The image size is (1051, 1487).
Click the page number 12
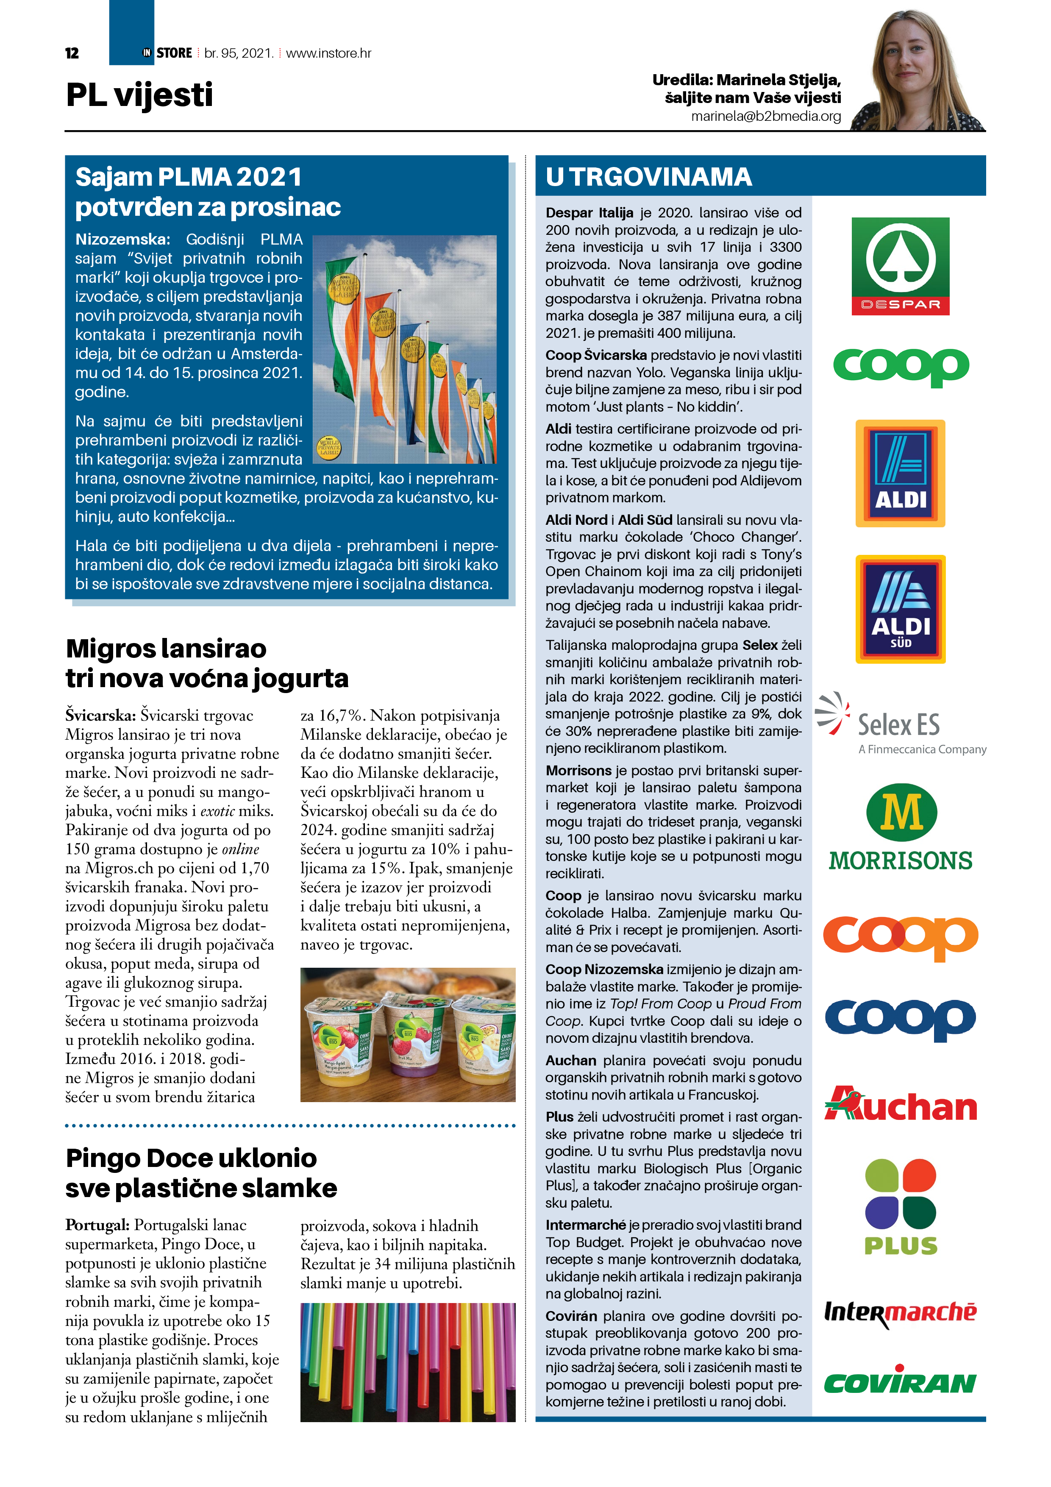(x=72, y=53)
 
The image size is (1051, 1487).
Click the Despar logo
(x=900, y=266)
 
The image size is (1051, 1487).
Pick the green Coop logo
(x=900, y=367)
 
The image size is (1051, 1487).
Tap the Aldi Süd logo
(x=900, y=609)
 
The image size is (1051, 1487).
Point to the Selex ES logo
(x=900, y=724)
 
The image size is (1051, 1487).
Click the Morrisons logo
(x=900, y=827)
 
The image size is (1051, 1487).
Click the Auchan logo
(x=900, y=1105)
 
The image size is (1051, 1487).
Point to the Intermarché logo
(x=900, y=1313)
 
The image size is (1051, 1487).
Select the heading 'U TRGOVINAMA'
(x=648, y=177)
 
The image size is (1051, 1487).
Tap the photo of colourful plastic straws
(x=408, y=1362)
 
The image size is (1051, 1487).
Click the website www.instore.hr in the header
(x=328, y=53)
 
